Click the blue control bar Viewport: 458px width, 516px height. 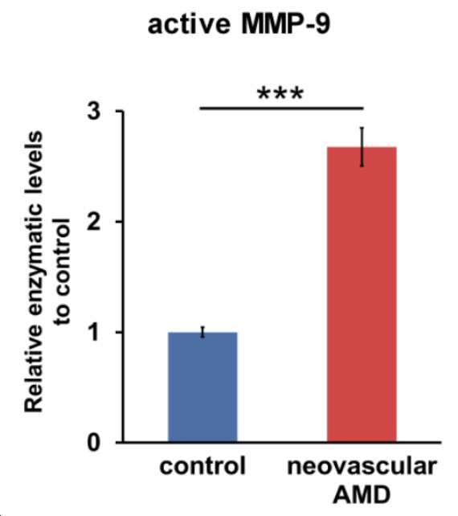pyautogui.click(x=202, y=387)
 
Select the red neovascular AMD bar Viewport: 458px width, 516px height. pyautogui.click(x=362, y=294)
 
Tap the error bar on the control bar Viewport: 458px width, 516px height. pyautogui.click(x=203, y=332)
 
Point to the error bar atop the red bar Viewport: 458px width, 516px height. pyautogui.click(x=362, y=147)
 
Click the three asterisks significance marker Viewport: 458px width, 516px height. pyautogui.click(x=280, y=94)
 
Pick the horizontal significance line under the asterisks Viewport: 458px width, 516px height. pyautogui.click(x=282, y=108)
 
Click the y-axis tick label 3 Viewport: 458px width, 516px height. pyautogui.click(x=94, y=112)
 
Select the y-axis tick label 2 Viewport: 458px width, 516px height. pyautogui.click(x=94, y=222)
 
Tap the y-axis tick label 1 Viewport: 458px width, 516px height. pyautogui.click(x=95, y=332)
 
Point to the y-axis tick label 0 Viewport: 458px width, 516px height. pyautogui.click(x=94, y=443)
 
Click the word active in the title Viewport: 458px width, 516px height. pyautogui.click(x=189, y=24)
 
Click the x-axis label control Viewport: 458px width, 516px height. pyautogui.click(x=202, y=465)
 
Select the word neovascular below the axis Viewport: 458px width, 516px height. pyautogui.click(x=362, y=466)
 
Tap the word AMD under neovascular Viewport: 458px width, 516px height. pyautogui.click(x=362, y=494)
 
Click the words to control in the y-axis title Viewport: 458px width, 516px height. pyautogui.click(x=63, y=272)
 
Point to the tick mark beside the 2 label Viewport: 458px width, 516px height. pyautogui.click(x=119, y=222)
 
